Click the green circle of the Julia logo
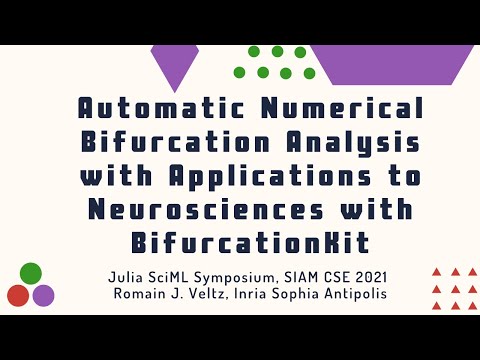30,273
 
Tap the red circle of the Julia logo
18,295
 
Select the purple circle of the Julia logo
43,295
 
